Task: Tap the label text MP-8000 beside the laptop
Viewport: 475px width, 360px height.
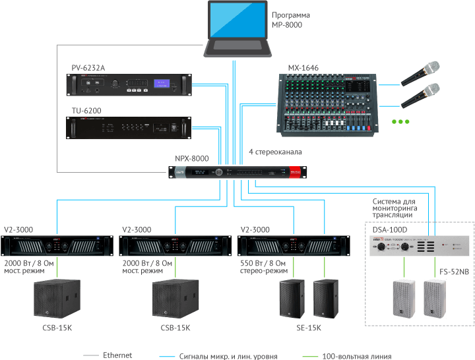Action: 287,24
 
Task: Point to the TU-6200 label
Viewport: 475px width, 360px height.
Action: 86,110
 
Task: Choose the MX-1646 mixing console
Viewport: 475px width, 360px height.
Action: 327,102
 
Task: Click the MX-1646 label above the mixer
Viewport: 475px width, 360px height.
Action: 303,68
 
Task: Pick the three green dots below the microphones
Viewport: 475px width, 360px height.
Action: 400,122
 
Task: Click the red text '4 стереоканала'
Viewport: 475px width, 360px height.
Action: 275,152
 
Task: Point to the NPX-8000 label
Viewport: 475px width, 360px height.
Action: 191,159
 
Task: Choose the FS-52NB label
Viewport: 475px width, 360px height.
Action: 454,272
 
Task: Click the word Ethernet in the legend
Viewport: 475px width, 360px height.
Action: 117,355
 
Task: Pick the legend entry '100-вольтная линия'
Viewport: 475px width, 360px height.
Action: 357,356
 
